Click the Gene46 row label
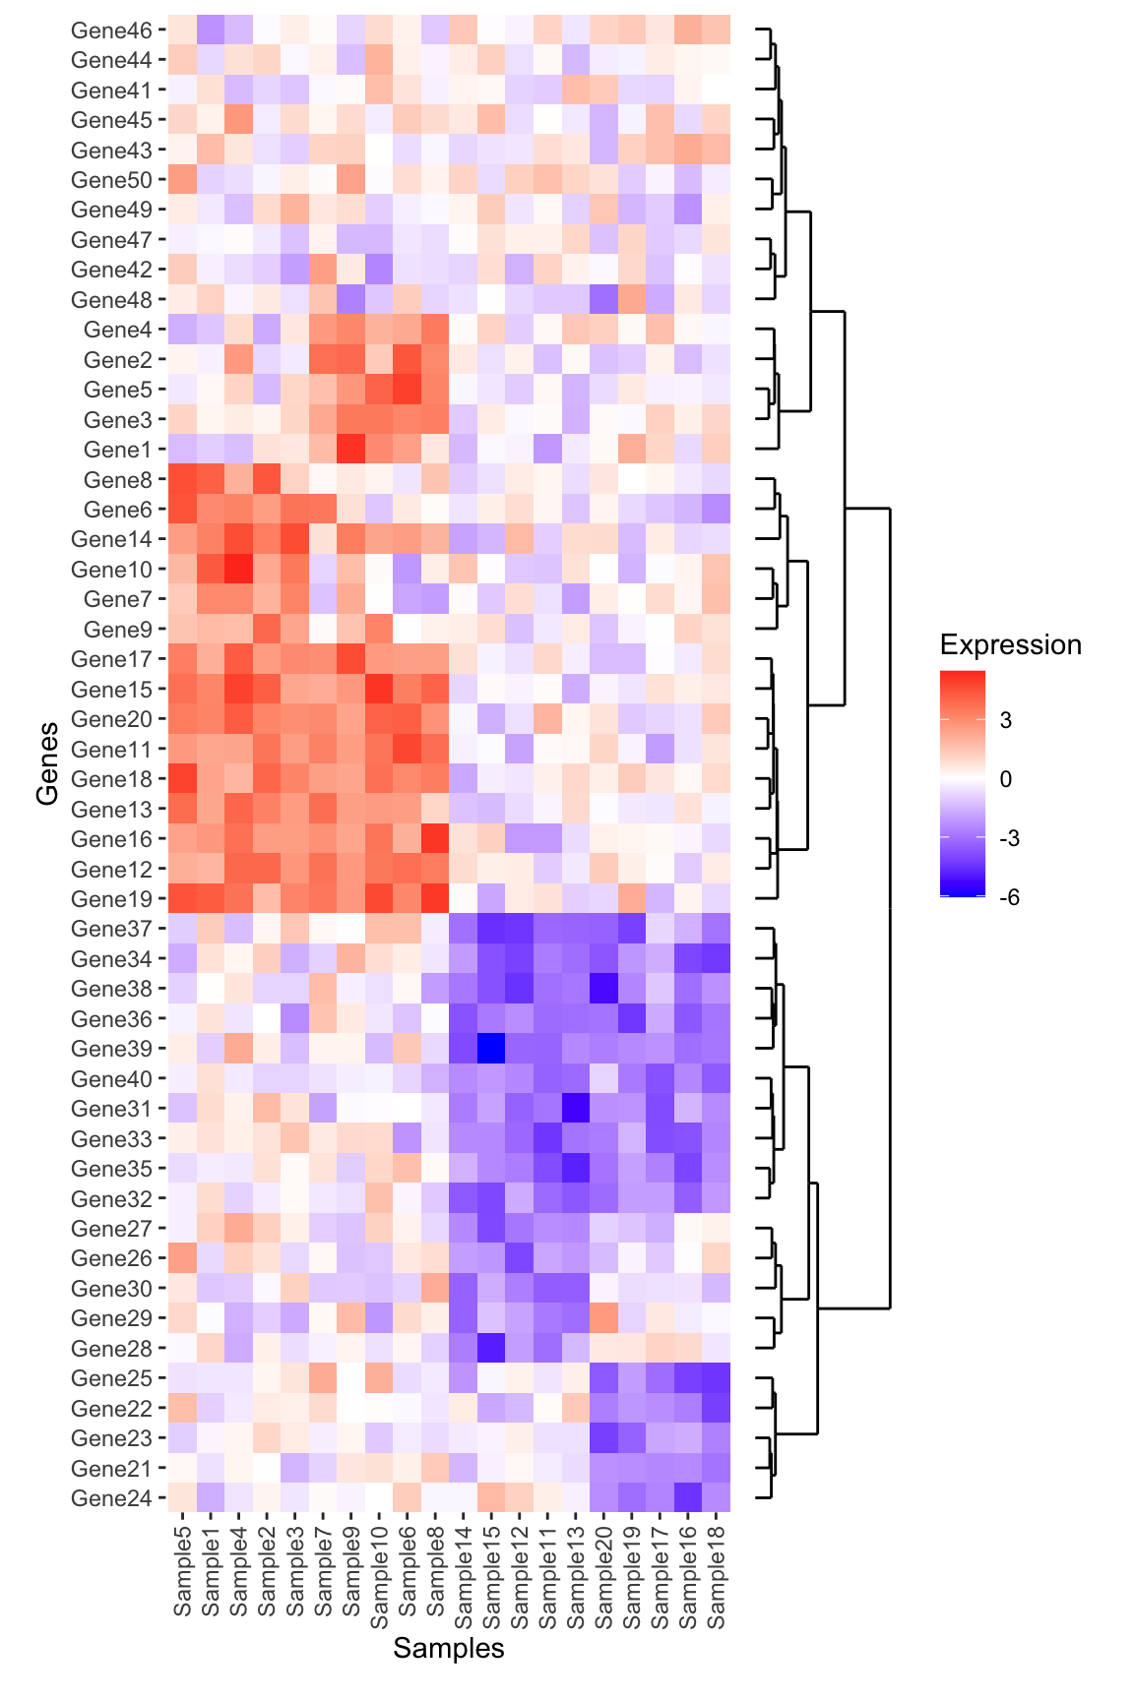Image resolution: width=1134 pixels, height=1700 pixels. (111, 30)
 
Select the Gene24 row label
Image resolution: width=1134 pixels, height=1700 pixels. (111, 1498)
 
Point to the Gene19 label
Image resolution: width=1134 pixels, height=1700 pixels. (111, 899)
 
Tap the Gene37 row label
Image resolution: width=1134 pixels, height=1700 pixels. (111, 929)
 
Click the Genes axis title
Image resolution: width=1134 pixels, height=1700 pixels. (47, 763)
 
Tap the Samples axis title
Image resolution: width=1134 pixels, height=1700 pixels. (449, 1649)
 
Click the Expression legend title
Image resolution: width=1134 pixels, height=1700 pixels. (1010, 645)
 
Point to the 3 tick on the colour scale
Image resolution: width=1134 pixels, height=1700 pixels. (1005, 720)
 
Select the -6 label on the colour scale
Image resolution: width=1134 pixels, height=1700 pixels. (1009, 897)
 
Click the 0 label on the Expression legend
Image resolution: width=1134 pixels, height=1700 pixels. (1005, 779)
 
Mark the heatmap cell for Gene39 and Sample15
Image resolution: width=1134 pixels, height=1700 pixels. (491, 1049)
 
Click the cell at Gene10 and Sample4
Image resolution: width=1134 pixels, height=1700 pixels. (238, 570)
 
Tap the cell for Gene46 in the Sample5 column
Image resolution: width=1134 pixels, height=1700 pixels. (182, 30)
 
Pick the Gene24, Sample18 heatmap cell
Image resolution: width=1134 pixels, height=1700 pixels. (717, 1498)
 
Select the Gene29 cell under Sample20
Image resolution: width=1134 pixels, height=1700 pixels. (603, 1318)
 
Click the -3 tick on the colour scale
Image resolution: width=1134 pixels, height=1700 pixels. (1009, 838)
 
